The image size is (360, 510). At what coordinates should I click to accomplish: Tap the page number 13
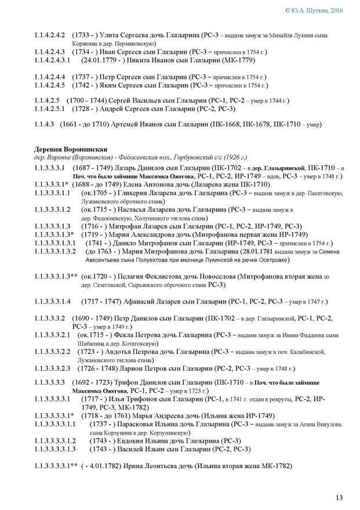click(339, 497)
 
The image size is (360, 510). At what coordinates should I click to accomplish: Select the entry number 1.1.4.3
click(46, 124)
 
